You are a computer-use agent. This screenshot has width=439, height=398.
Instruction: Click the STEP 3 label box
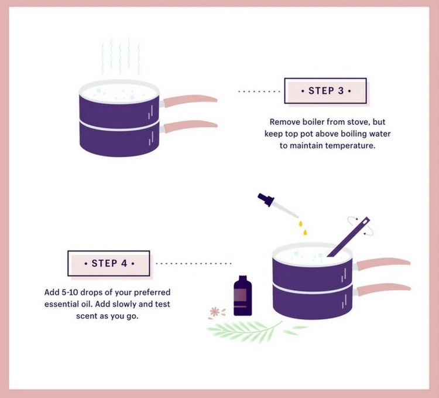325,91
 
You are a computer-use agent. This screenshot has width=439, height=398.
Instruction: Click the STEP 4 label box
109,263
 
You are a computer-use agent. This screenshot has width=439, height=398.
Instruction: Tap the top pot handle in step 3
190,101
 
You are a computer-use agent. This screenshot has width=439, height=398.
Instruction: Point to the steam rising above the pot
121,56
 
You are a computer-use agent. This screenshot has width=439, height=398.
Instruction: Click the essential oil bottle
243,295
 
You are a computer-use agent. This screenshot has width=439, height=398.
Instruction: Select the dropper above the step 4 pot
277,206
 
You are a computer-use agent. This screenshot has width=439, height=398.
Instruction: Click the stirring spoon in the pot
349,237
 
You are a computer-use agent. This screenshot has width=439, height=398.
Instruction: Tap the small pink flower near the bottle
214,311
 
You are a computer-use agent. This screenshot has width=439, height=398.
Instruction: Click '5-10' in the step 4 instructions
70,292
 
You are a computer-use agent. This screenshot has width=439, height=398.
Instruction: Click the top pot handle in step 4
383,264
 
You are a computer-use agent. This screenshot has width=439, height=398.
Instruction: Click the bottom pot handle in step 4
383,290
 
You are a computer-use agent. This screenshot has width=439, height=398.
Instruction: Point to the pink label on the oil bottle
241,295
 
